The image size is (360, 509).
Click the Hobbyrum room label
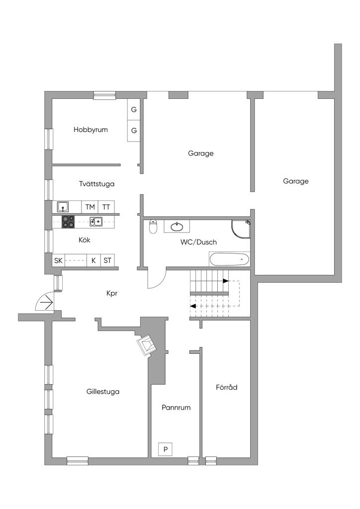tap(90, 130)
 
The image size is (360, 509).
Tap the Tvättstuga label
tap(96, 184)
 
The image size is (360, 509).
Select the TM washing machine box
tap(90, 207)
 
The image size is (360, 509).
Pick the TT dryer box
tap(106, 207)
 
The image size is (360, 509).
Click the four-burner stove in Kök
tap(68, 222)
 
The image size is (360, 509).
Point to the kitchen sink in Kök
tap(96, 222)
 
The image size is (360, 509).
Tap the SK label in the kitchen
tap(59, 260)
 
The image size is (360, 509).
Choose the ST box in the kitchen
tap(107, 260)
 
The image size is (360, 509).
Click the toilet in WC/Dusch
tap(154, 227)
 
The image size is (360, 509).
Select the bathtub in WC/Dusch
tap(229, 259)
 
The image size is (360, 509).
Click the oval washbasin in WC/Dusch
tap(177, 227)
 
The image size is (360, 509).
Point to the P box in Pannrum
tap(166, 450)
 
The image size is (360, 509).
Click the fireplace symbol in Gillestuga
tap(147, 344)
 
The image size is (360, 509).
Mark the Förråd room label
tap(226, 387)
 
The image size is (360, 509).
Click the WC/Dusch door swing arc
tap(156, 279)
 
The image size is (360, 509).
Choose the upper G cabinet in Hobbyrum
tap(134, 110)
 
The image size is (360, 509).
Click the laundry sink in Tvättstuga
tap(63, 207)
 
